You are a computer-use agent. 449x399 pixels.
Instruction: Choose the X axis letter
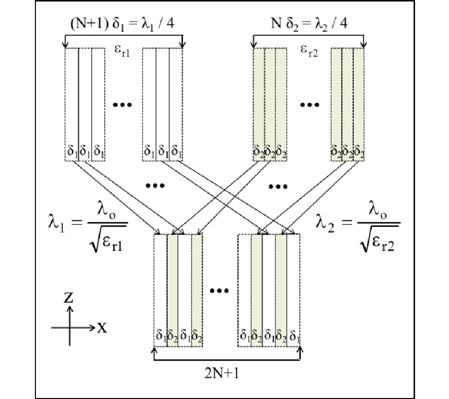pyautogui.click(x=102, y=328)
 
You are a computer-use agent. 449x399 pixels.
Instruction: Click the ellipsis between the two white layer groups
pyautogui.click(x=122, y=105)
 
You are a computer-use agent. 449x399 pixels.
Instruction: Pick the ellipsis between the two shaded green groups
pyautogui.click(x=309, y=105)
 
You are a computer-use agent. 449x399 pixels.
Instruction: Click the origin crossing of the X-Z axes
pyautogui.click(x=70, y=328)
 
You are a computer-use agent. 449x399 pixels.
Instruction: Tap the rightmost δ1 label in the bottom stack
pyautogui.click(x=295, y=335)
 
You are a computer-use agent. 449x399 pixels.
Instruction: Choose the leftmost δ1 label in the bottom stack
pyautogui.click(x=160, y=335)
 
